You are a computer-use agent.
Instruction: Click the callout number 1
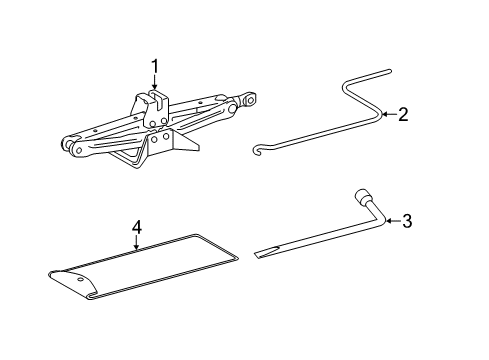[x=154, y=66]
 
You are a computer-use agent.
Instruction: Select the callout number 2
[x=403, y=114]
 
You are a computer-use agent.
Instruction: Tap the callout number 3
[x=407, y=221]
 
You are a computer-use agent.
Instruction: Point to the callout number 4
[x=137, y=228]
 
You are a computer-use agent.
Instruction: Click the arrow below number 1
[x=154, y=83]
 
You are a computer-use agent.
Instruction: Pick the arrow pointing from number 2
[x=389, y=114]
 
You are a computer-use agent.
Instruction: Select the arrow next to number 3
[x=393, y=221]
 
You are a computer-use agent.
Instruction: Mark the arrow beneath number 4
[x=136, y=243]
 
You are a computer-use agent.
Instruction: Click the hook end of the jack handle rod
[x=258, y=150]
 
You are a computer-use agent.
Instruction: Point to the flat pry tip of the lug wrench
[x=266, y=252]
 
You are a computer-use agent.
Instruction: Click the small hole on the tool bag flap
[x=81, y=279]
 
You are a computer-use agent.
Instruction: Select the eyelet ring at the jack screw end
[x=249, y=99]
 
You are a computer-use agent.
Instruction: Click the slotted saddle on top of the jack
[x=156, y=99]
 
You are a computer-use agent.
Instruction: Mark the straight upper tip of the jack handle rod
[x=389, y=71]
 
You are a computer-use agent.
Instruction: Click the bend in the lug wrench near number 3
[x=383, y=220]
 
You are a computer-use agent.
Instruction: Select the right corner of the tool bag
[x=237, y=257]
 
